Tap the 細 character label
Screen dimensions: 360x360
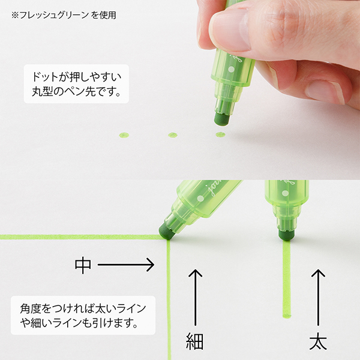194,341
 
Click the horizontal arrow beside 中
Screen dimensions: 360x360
126,265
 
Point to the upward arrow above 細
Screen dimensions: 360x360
195,298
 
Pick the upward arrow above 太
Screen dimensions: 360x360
318,298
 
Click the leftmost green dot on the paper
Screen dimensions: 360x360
124,135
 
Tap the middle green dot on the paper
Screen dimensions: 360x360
173,135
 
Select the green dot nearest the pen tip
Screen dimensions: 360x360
220,134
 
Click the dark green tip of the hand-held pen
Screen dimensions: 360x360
221,119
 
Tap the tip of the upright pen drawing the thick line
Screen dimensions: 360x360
286,235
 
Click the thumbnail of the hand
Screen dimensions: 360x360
232,29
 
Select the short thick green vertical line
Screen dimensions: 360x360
287,279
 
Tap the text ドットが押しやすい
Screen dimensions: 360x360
76,77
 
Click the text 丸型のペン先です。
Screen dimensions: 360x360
76,92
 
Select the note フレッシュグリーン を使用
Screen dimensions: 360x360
64,15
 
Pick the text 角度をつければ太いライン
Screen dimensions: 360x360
83,308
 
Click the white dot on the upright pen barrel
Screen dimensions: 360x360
285,193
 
